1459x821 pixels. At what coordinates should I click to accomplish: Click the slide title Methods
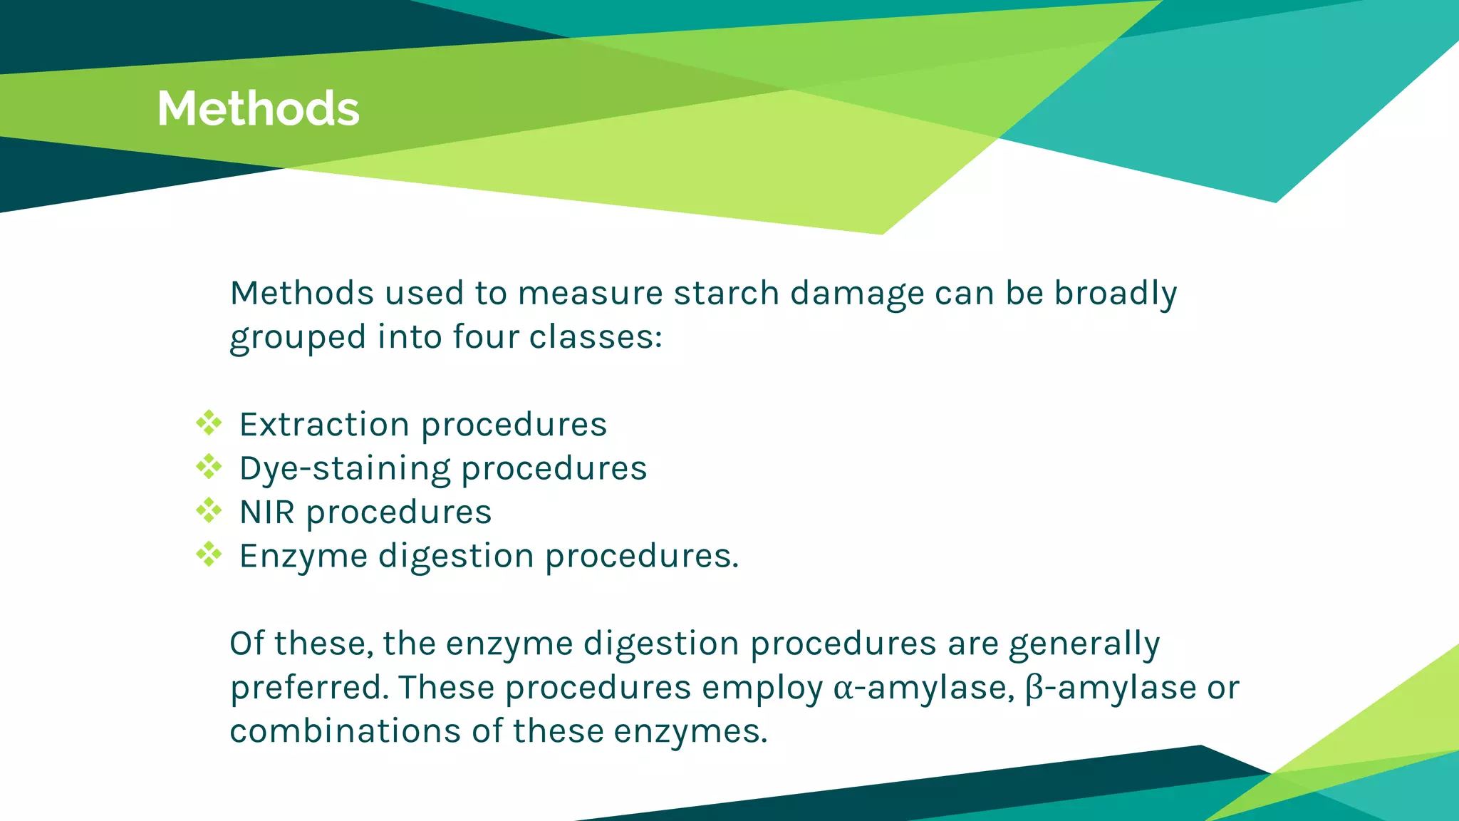coord(258,108)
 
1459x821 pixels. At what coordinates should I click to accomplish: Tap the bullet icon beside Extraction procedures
coord(209,423)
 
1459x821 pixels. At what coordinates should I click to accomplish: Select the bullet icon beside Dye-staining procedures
coord(209,467)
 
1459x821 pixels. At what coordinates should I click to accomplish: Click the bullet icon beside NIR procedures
coord(209,510)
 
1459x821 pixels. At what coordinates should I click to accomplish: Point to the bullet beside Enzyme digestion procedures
coord(209,554)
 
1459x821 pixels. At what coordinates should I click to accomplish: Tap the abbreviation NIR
coord(267,512)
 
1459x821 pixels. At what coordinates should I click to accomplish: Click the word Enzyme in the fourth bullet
coord(303,557)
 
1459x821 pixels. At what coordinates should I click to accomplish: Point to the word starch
coord(727,294)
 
